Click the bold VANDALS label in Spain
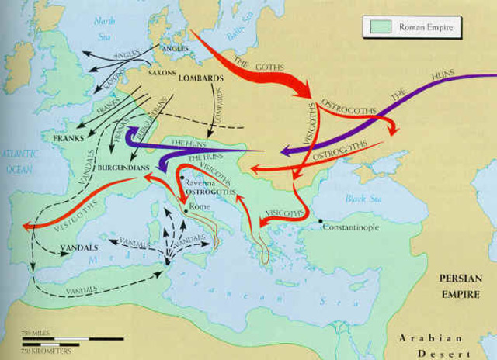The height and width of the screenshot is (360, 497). (77, 246)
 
